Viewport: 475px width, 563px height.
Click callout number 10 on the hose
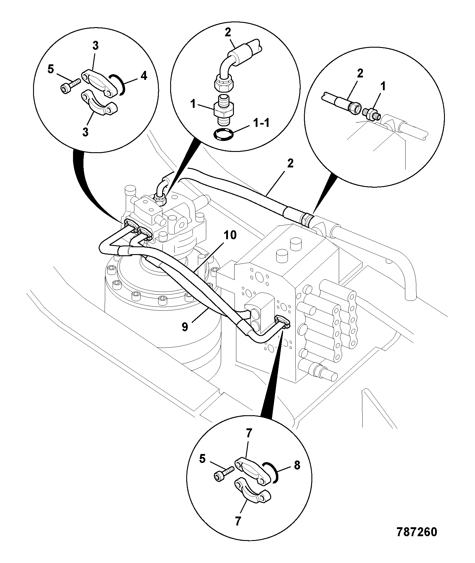(x=230, y=235)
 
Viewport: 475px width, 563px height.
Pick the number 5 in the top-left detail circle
(x=51, y=70)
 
